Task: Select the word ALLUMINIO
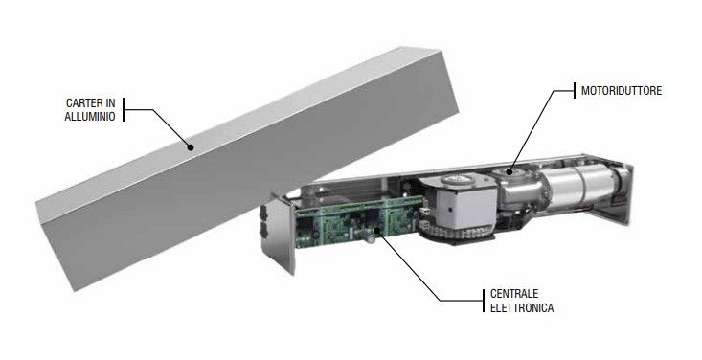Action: click(x=90, y=117)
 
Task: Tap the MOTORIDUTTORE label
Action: click(x=622, y=90)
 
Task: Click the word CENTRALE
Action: click(x=514, y=294)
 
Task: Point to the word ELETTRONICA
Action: click(x=522, y=308)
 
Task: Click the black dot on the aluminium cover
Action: click(x=191, y=146)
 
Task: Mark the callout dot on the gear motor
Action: click(x=510, y=171)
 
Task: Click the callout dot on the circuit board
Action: click(x=376, y=230)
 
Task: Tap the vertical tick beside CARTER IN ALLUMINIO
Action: click(x=124, y=110)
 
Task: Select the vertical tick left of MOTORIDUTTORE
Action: click(x=575, y=90)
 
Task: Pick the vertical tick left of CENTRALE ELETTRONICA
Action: click(x=484, y=301)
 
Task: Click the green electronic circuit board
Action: click(x=358, y=221)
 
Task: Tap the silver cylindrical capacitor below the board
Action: click(x=371, y=238)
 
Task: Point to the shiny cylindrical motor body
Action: click(x=579, y=185)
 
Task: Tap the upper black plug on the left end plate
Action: click(x=262, y=214)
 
